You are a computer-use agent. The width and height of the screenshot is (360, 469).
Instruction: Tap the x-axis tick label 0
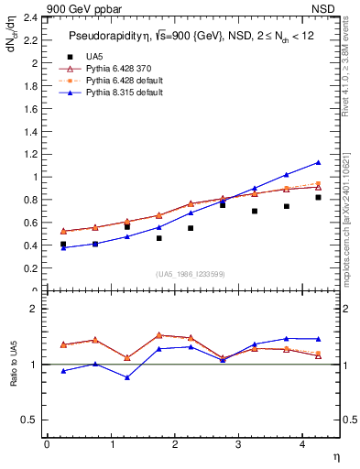(46, 445)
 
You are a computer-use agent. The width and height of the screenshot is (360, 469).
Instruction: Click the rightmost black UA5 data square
(318, 197)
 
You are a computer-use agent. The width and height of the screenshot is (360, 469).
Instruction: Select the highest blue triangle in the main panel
(318, 163)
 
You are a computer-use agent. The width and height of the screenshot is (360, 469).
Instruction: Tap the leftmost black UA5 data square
(63, 245)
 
